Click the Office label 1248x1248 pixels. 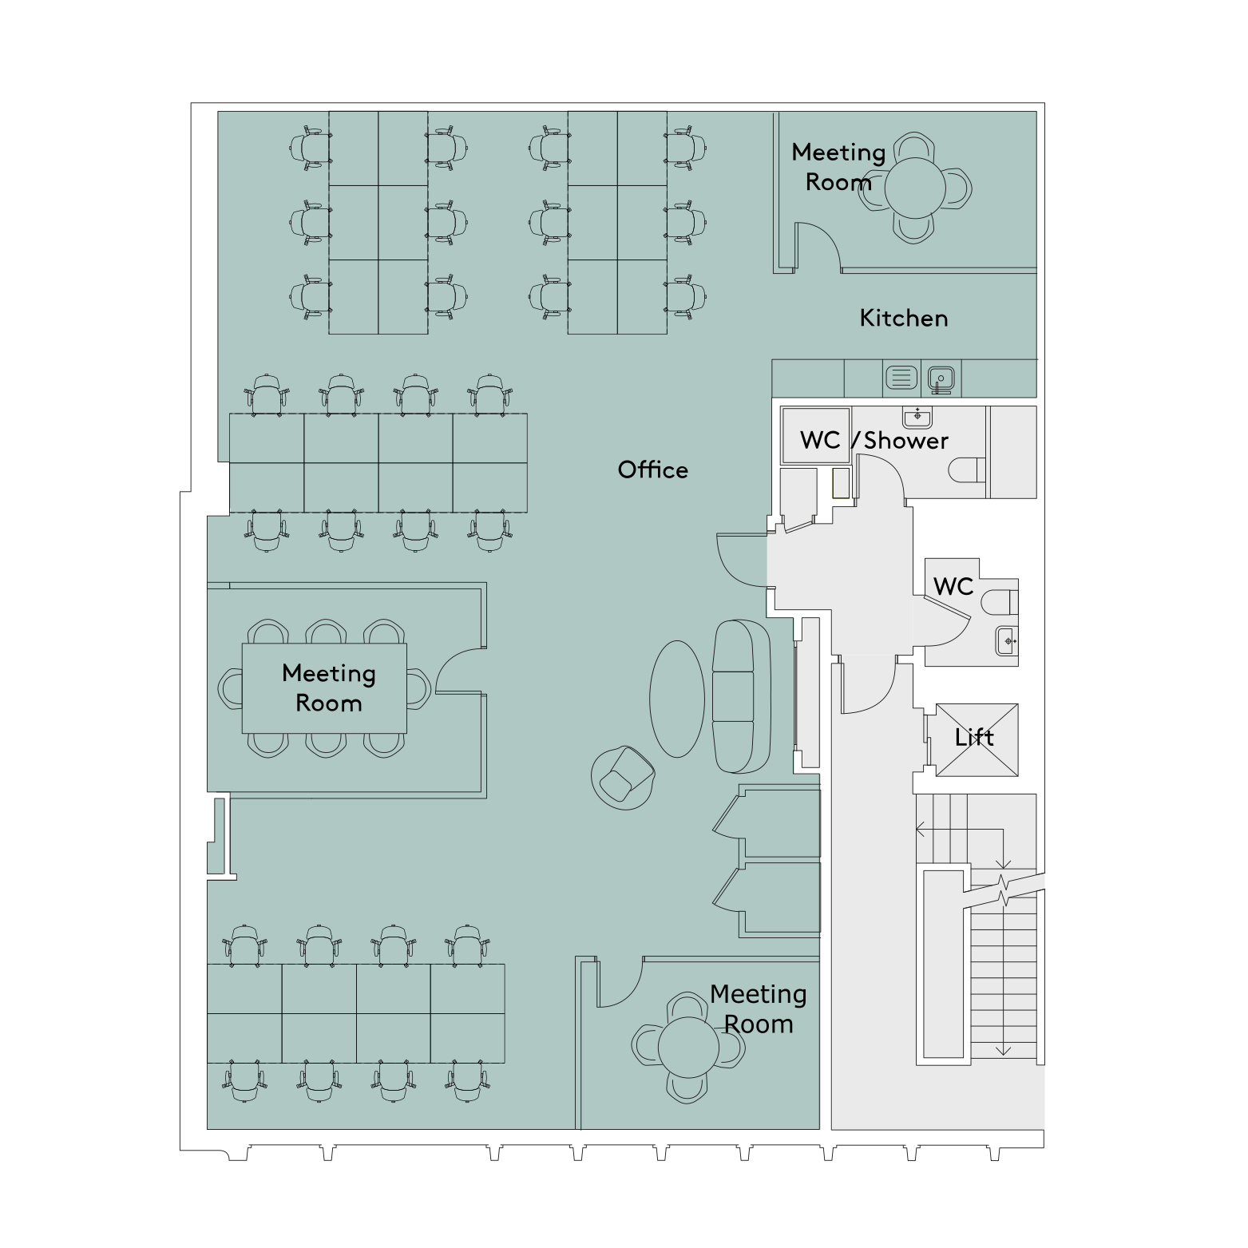pyautogui.click(x=652, y=469)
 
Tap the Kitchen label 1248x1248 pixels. pyautogui.click(x=904, y=318)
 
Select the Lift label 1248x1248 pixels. pyautogui.click(x=975, y=737)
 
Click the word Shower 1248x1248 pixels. pyautogui.click(x=906, y=440)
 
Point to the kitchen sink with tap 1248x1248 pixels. pyautogui.click(x=942, y=378)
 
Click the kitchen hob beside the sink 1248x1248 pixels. pyautogui.click(x=901, y=378)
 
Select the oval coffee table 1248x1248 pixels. pyautogui.click(x=677, y=699)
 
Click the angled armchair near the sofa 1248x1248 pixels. pyautogui.click(x=624, y=777)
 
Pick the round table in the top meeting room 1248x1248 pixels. pyautogui.click(x=915, y=188)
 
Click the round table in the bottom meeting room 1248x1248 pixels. pyautogui.click(x=688, y=1047)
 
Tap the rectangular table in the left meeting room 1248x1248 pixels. pyautogui.click(x=324, y=688)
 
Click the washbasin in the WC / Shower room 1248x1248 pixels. pyautogui.click(x=917, y=417)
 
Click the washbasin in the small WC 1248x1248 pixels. pyautogui.click(x=1007, y=641)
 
